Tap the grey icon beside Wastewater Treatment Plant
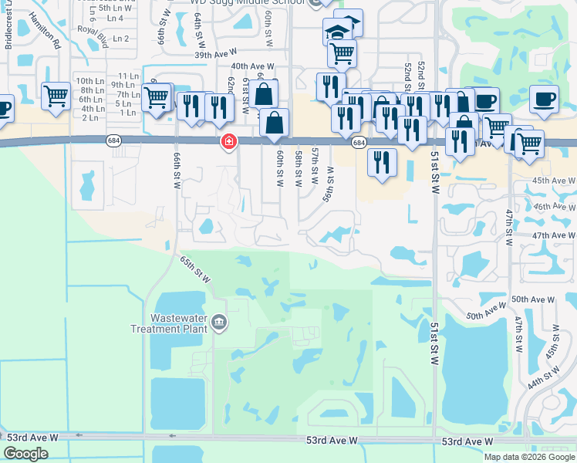coord(219,321)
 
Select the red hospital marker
coord(228,141)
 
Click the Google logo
coord(26,454)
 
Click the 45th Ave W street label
coord(551,181)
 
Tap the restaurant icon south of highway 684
coord(381,162)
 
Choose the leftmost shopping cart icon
coord(56,96)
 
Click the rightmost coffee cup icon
coord(545,99)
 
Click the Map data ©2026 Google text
coord(528,457)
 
